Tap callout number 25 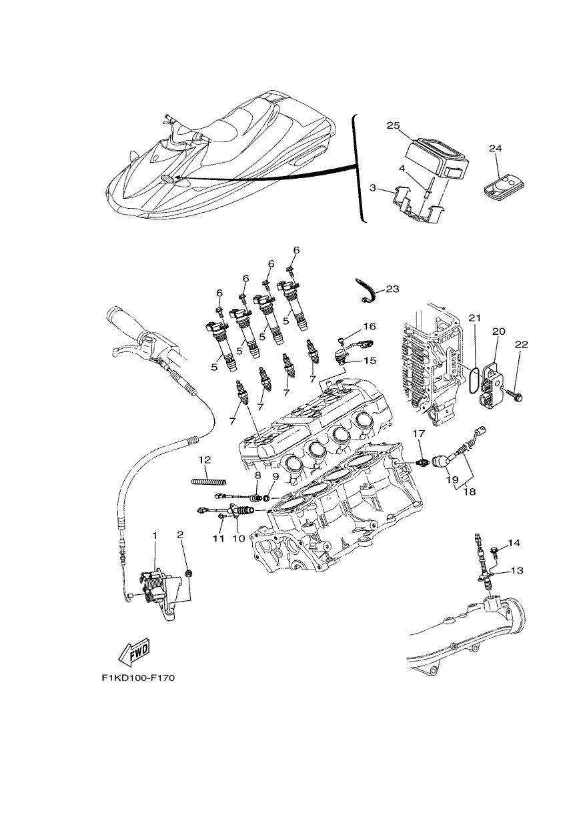[394, 125]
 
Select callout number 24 [496, 149]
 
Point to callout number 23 [392, 289]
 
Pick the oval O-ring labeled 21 [474, 380]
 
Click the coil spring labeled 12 [209, 481]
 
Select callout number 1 [155, 535]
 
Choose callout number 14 [514, 543]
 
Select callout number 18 [470, 492]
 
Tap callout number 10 [239, 539]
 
